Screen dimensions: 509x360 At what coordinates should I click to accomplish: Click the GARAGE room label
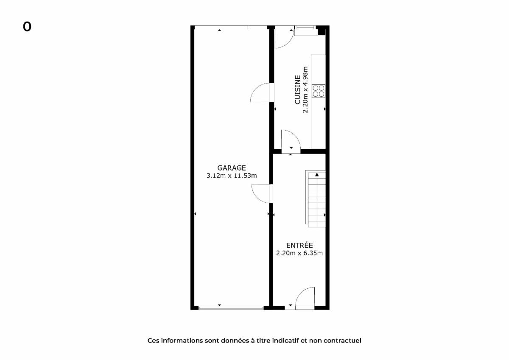(232, 168)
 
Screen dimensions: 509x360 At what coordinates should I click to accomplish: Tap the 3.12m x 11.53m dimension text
(232, 176)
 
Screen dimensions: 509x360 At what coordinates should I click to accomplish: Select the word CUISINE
(297, 90)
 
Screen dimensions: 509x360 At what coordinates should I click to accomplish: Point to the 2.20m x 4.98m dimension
(305, 90)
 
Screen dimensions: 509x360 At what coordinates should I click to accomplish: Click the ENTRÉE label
(299, 245)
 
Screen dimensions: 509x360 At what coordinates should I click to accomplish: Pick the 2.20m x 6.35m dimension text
(299, 253)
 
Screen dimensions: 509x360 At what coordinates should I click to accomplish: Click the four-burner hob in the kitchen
(319, 91)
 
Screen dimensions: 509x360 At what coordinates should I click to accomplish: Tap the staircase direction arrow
(317, 174)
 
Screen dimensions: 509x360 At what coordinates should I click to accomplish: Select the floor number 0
(27, 27)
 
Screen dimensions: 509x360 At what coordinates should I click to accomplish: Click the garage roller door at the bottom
(231, 308)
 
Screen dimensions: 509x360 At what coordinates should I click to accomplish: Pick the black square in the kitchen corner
(322, 31)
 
